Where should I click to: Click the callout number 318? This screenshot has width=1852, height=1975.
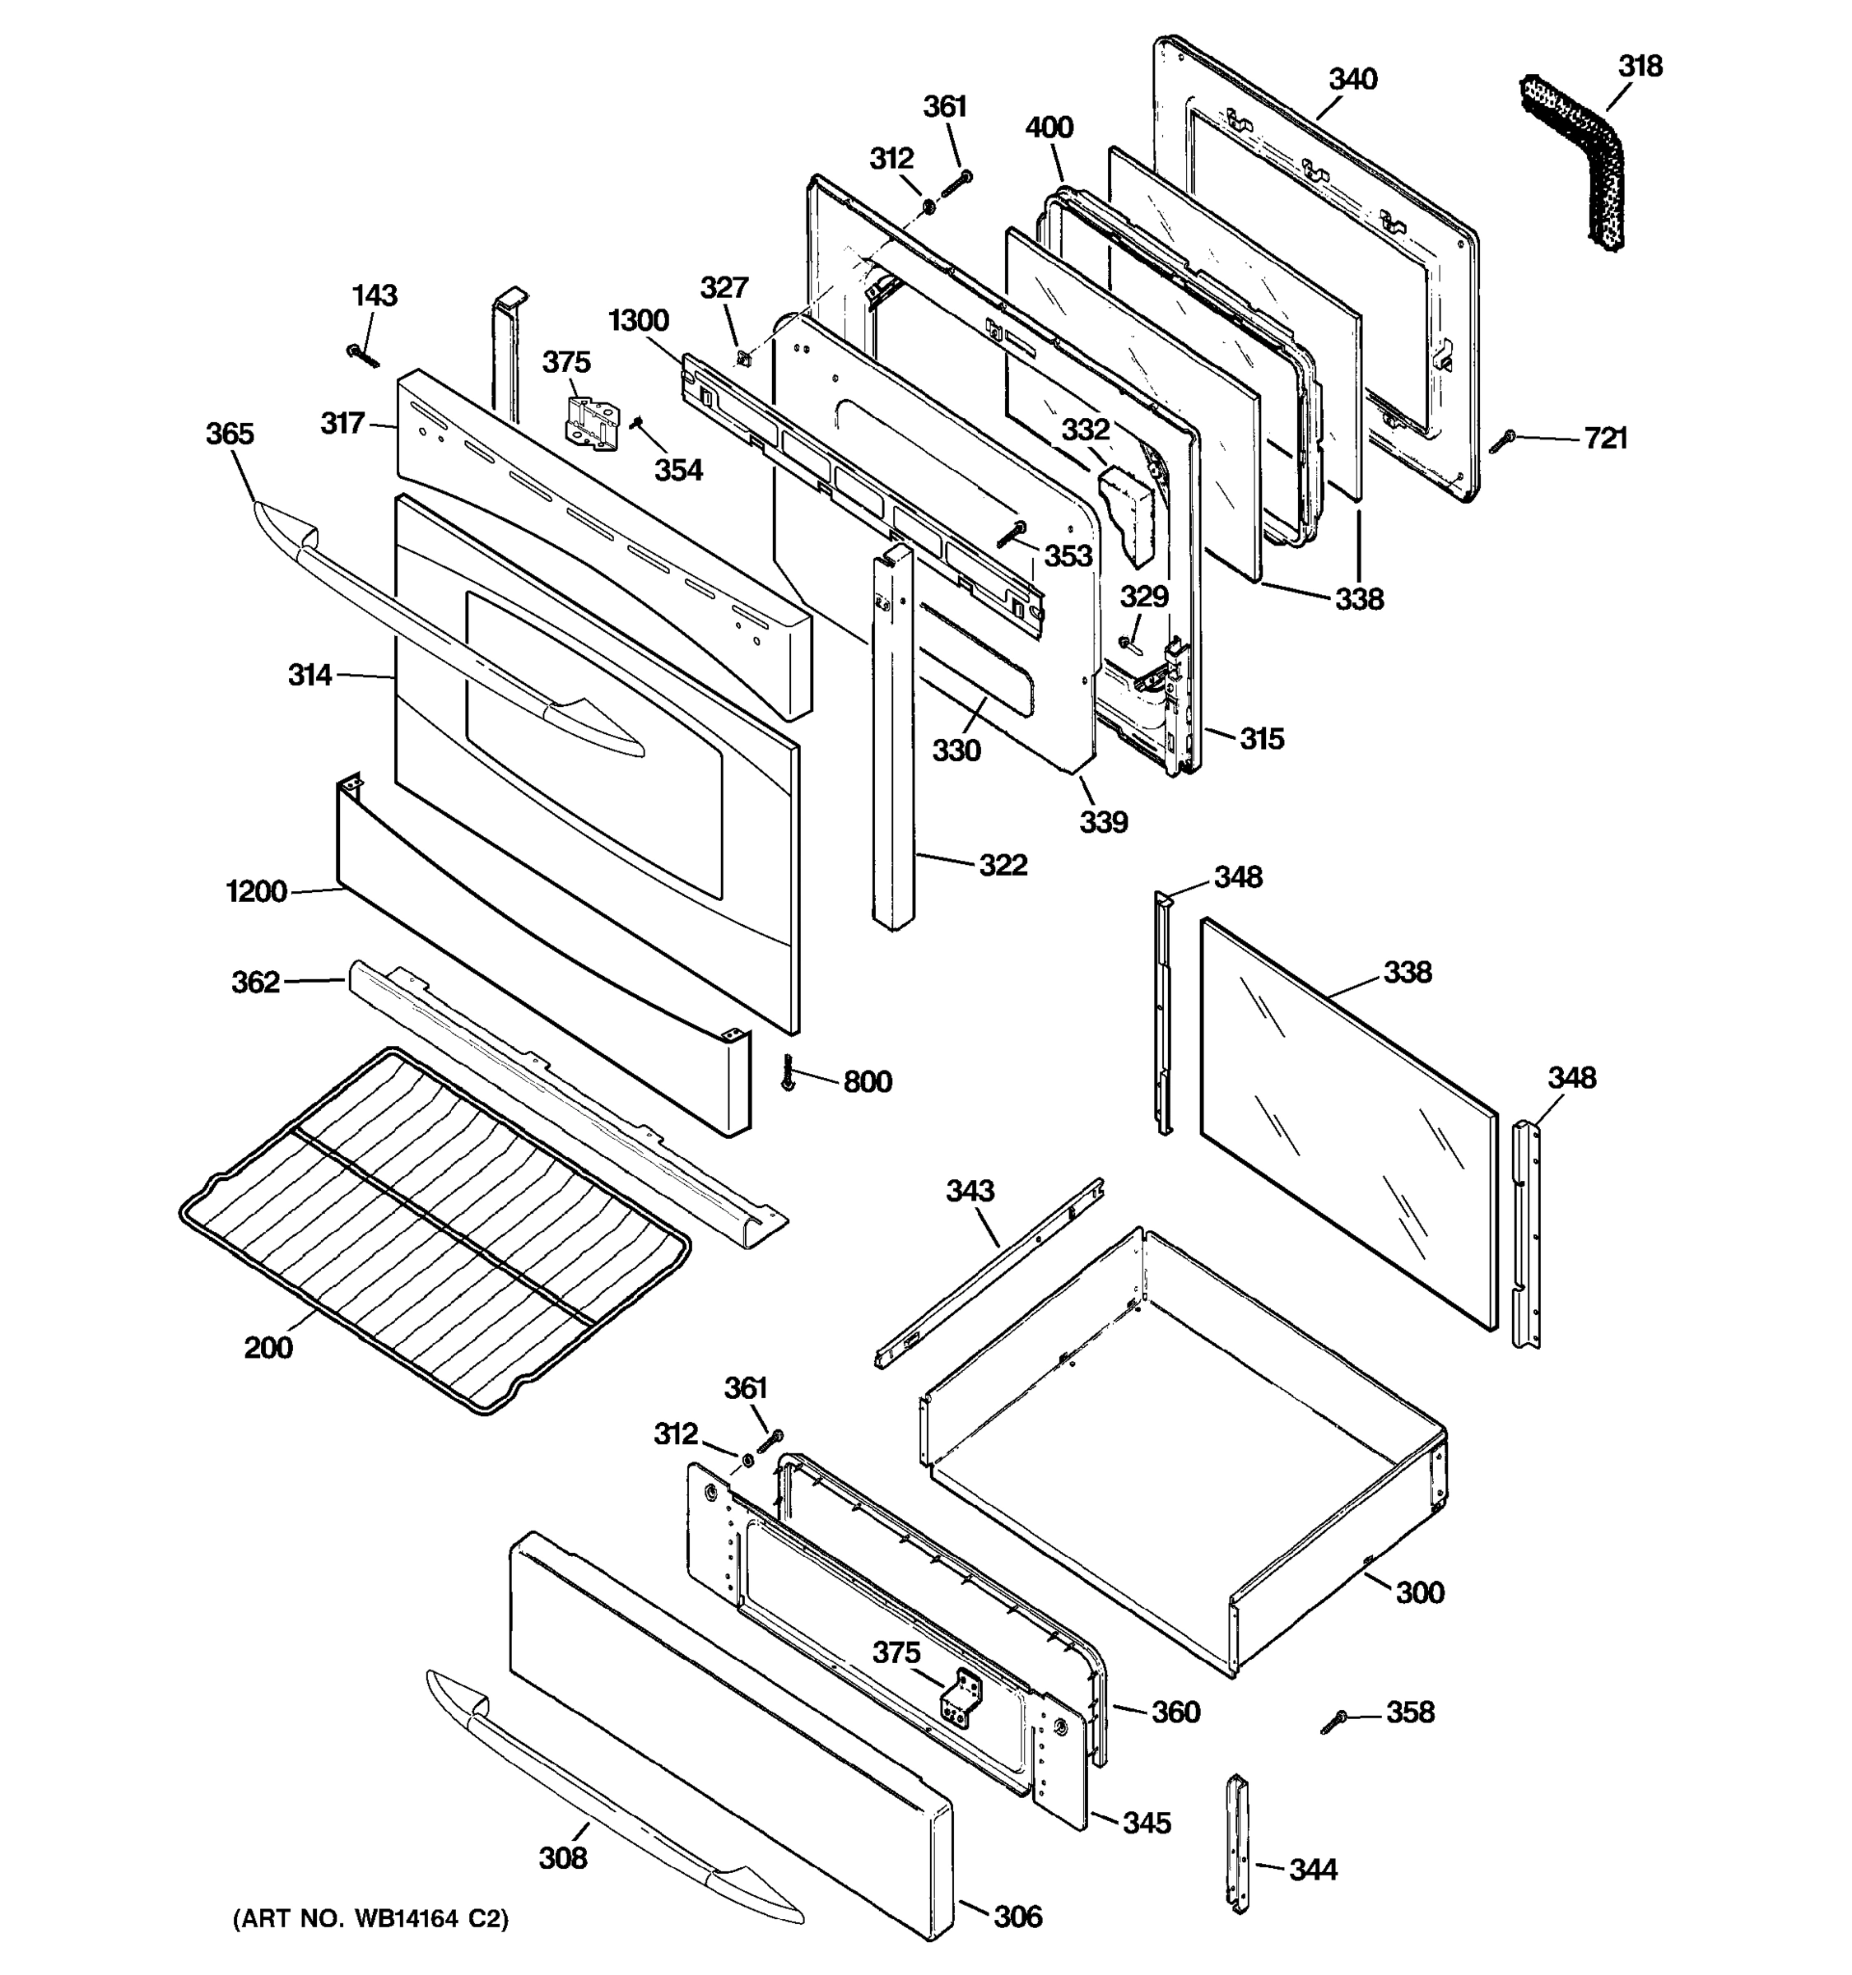[1640, 67]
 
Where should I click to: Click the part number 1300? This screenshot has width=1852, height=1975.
[638, 321]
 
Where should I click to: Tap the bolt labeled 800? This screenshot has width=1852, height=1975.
[789, 1074]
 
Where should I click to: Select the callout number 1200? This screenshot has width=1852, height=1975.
[256, 892]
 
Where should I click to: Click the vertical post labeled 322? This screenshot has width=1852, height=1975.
[894, 735]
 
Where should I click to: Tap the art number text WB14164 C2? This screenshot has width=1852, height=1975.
[370, 1919]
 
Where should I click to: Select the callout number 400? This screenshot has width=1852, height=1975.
[1049, 128]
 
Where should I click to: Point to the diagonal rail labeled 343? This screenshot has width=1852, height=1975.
[989, 1274]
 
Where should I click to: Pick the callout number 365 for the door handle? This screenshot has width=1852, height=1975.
[230, 434]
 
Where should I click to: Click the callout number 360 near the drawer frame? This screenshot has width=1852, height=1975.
[1175, 1712]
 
